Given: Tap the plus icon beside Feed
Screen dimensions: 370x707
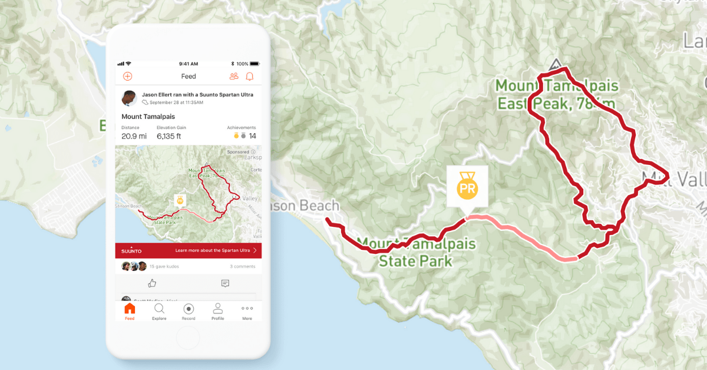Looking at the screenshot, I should [x=127, y=76].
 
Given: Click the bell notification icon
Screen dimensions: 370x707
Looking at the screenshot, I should [x=250, y=76].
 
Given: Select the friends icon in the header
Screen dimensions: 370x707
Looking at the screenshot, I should [x=234, y=76].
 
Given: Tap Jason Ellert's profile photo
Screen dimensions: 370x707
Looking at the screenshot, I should [x=129, y=98].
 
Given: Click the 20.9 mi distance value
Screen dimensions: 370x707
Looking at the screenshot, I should [x=134, y=136].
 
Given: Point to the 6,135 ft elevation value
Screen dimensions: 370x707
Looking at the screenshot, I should [x=169, y=136].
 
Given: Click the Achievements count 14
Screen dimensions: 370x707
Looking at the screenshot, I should [x=252, y=136].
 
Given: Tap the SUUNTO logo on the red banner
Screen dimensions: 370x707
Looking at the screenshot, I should [x=131, y=250].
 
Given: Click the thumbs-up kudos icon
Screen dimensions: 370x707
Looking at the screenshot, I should [x=152, y=283].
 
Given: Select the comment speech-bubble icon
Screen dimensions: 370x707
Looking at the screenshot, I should [x=225, y=283].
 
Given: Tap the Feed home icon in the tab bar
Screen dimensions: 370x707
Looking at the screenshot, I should [x=130, y=309].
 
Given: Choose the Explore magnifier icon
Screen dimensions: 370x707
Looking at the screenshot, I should [x=159, y=308].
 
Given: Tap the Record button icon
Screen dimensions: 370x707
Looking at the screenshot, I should [x=189, y=309].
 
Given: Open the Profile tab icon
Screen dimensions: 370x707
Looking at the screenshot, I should [x=218, y=308].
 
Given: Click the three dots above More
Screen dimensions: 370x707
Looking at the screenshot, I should [x=247, y=308].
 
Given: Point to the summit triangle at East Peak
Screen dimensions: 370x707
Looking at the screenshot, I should [x=555, y=64].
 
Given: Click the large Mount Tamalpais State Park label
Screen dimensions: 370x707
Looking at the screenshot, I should [x=417, y=252].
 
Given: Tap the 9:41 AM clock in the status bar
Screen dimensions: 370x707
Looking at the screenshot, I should [x=189, y=64].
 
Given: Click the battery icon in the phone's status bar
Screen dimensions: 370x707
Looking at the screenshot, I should [x=255, y=64].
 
